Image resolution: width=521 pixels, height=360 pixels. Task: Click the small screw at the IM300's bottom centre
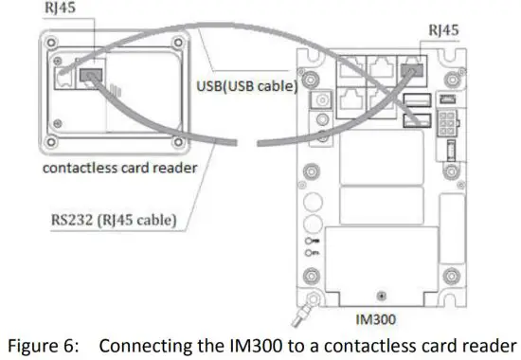(380, 295)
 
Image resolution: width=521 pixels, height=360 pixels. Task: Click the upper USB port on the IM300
(412, 100)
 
